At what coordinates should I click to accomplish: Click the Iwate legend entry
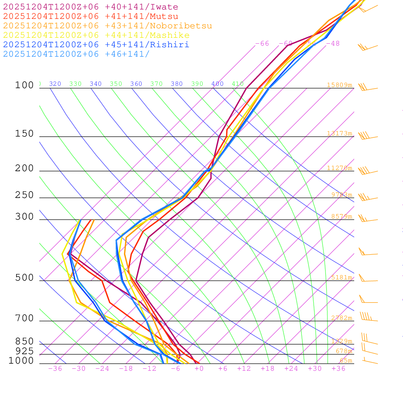click(x=90, y=7)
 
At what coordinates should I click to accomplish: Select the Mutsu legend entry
click(x=90, y=17)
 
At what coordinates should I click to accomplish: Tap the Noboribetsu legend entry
click(x=107, y=26)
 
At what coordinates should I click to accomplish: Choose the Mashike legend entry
click(x=96, y=35)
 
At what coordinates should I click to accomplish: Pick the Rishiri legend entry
click(x=96, y=45)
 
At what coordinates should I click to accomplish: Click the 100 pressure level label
click(x=24, y=85)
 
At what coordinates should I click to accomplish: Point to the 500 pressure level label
click(x=24, y=278)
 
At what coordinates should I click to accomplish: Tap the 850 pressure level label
click(x=24, y=341)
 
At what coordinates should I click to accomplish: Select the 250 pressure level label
click(x=24, y=195)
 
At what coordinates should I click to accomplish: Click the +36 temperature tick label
click(x=338, y=368)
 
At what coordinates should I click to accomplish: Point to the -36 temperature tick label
click(x=55, y=368)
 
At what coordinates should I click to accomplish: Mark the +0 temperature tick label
click(x=199, y=368)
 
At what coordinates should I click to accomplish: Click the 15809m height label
click(x=339, y=85)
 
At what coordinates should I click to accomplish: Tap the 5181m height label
click(x=341, y=277)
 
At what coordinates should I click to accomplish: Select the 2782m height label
click(x=341, y=318)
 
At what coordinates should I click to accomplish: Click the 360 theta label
click(x=136, y=84)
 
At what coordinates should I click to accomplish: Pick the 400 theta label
click(x=217, y=84)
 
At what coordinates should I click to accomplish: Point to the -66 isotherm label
click(x=262, y=43)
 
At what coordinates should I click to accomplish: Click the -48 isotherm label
click(x=333, y=43)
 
